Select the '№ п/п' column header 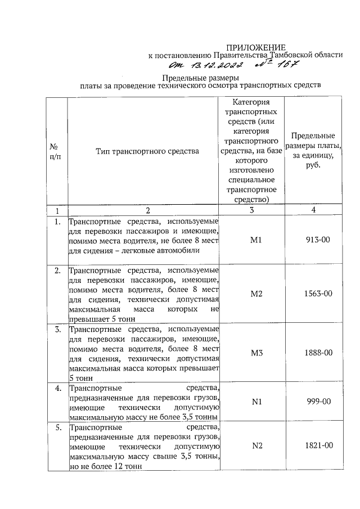click(57, 151)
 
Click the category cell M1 click(251, 240)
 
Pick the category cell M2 click(251, 294)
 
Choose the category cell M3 click(251, 353)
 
